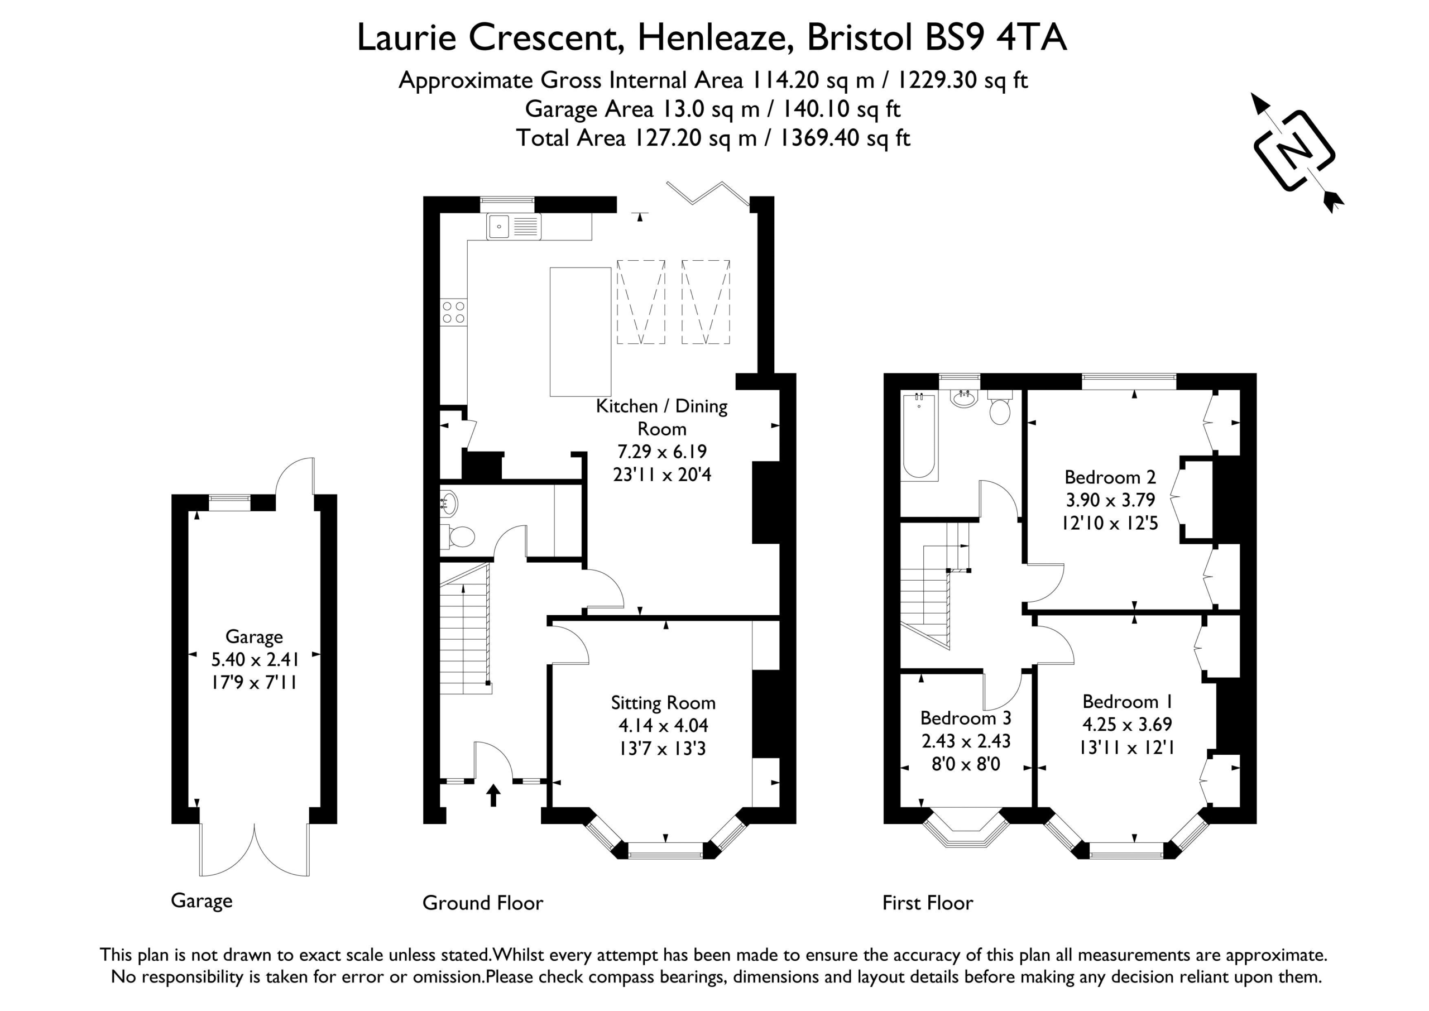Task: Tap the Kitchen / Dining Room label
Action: click(661, 417)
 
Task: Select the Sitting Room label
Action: click(663, 703)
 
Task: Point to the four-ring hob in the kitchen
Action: click(454, 312)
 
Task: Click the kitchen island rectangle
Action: click(580, 332)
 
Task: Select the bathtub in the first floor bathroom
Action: click(919, 436)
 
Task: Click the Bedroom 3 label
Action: click(965, 718)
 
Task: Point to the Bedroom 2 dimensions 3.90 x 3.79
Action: click(1110, 500)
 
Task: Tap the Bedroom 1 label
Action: click(1128, 702)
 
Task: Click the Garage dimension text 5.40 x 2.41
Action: click(255, 659)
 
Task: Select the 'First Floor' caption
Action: click(927, 903)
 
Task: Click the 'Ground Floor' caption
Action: click(482, 903)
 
